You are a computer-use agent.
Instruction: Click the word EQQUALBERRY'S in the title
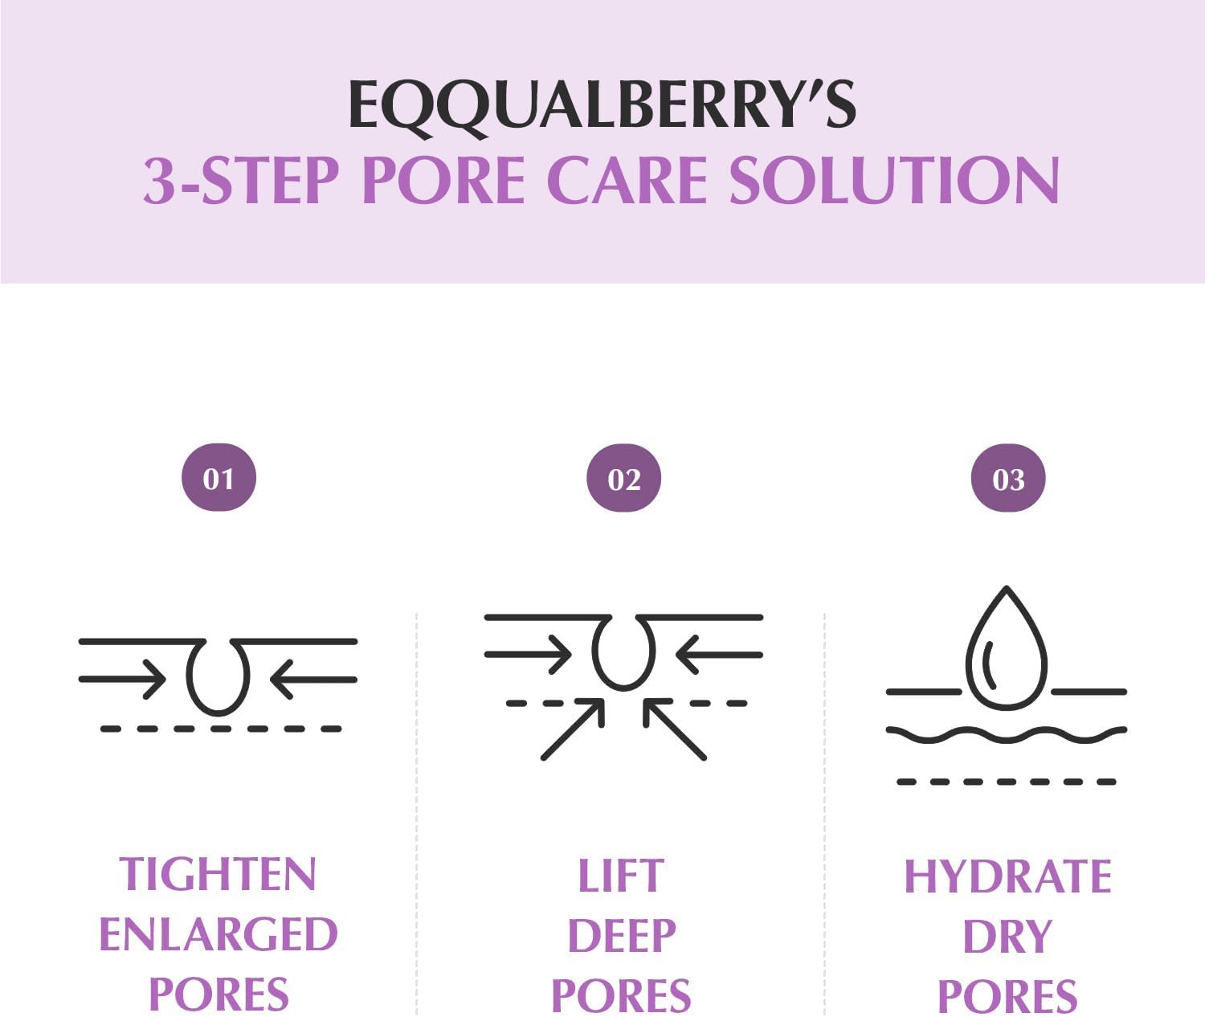pos(602,105)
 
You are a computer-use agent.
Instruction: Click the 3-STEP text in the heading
pos(241,180)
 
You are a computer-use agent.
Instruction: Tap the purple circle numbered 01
pos(219,478)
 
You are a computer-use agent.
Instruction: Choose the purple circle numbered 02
pos(623,479)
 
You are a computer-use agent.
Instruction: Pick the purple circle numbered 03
pos(1008,479)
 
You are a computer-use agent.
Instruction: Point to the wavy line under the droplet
pos(1007,734)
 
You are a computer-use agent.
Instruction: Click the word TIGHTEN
pos(218,874)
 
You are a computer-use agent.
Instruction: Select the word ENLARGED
pos(218,934)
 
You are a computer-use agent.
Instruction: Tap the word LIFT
pos(621,876)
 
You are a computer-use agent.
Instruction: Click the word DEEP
pos(622,936)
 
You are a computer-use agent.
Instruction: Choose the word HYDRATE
pos(1007,876)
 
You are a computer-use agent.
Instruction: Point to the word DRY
pos(1007,937)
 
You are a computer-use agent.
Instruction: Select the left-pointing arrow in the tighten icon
pos(313,680)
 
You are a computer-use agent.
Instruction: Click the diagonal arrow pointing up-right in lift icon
pos(573,729)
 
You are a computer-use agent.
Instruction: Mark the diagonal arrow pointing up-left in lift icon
pos(674,729)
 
